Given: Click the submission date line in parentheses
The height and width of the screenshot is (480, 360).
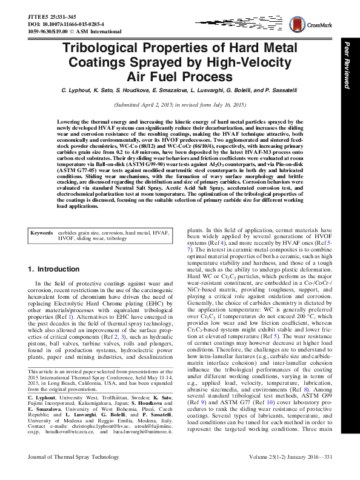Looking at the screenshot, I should click(181, 105).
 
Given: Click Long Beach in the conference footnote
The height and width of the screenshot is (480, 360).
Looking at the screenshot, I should click(62, 393).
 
